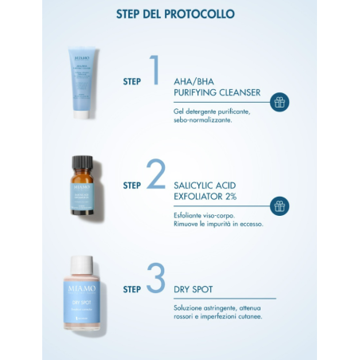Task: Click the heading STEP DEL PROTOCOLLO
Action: [x=180, y=14]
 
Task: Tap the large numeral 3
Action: [x=157, y=279]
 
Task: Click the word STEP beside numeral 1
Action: [x=132, y=81]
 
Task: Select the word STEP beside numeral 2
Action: [x=132, y=186]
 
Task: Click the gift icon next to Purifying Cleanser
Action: [x=279, y=102]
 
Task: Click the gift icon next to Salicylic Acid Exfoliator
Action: [x=279, y=206]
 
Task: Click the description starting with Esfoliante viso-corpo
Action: [x=217, y=219]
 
